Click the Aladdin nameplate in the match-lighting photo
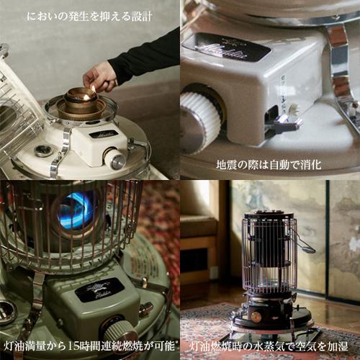(x=103, y=135)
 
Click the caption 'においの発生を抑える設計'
(x=90, y=14)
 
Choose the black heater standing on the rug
(x=271, y=276)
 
